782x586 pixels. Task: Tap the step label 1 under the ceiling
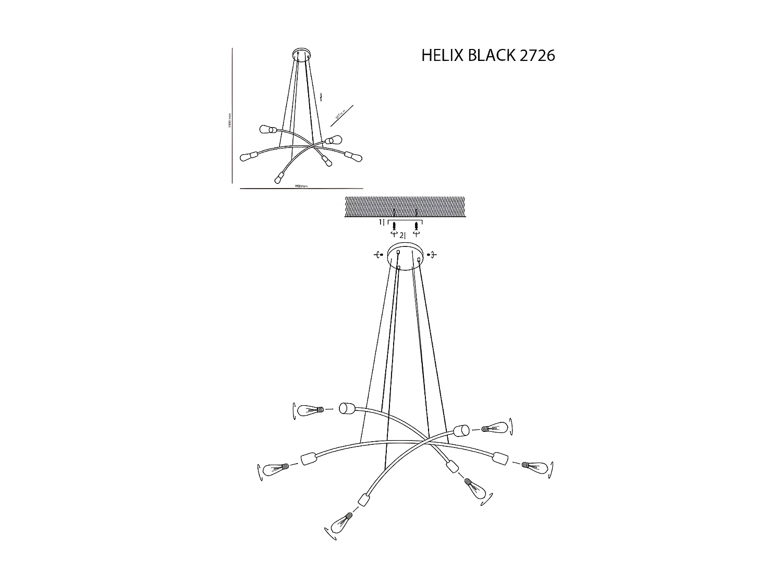(381, 222)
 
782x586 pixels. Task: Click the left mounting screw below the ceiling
(395, 226)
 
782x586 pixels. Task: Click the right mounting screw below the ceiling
(416, 226)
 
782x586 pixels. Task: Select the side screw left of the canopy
(378, 254)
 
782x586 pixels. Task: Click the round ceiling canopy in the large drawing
(405, 256)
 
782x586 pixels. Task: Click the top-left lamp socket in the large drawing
(346, 408)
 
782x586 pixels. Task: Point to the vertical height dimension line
(232, 116)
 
